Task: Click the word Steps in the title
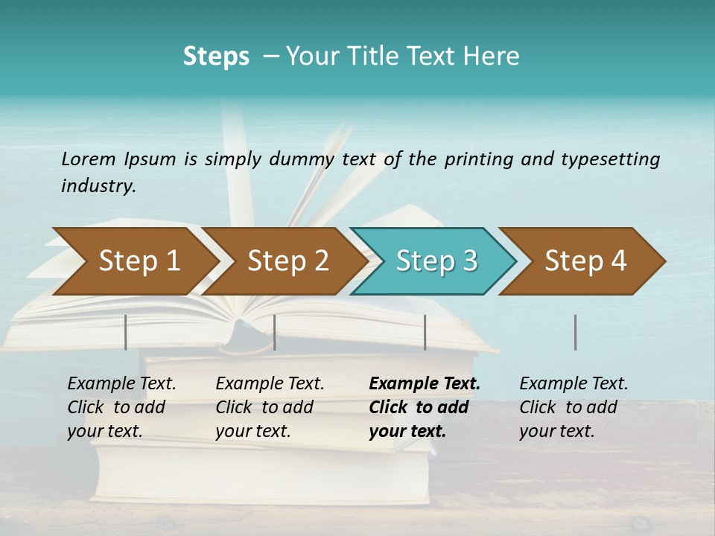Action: pyautogui.click(x=216, y=57)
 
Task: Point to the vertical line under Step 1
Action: pyautogui.click(x=126, y=332)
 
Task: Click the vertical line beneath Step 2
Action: pyautogui.click(x=275, y=332)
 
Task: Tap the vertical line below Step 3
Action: pyautogui.click(x=425, y=332)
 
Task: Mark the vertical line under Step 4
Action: pyautogui.click(x=575, y=332)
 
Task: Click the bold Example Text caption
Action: pyautogui.click(x=424, y=407)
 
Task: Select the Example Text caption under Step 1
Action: pyautogui.click(x=121, y=407)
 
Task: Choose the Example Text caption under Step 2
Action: pyautogui.click(x=270, y=407)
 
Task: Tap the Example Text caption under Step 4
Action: pyautogui.click(x=573, y=407)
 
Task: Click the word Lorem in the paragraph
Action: pyautogui.click(x=89, y=159)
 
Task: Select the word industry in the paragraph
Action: pyautogui.click(x=98, y=186)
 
